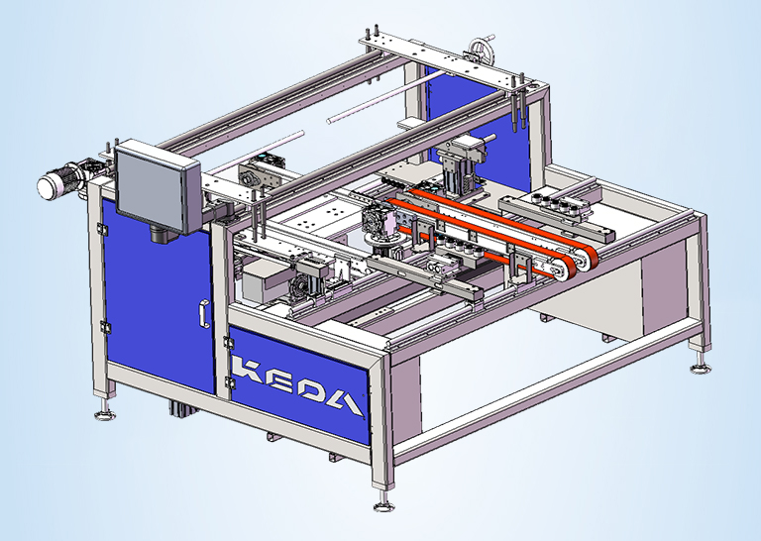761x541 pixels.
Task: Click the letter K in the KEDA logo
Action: click(248, 369)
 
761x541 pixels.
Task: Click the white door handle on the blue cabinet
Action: click(204, 314)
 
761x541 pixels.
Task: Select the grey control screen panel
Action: click(158, 185)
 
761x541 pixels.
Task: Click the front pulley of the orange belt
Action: click(562, 268)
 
